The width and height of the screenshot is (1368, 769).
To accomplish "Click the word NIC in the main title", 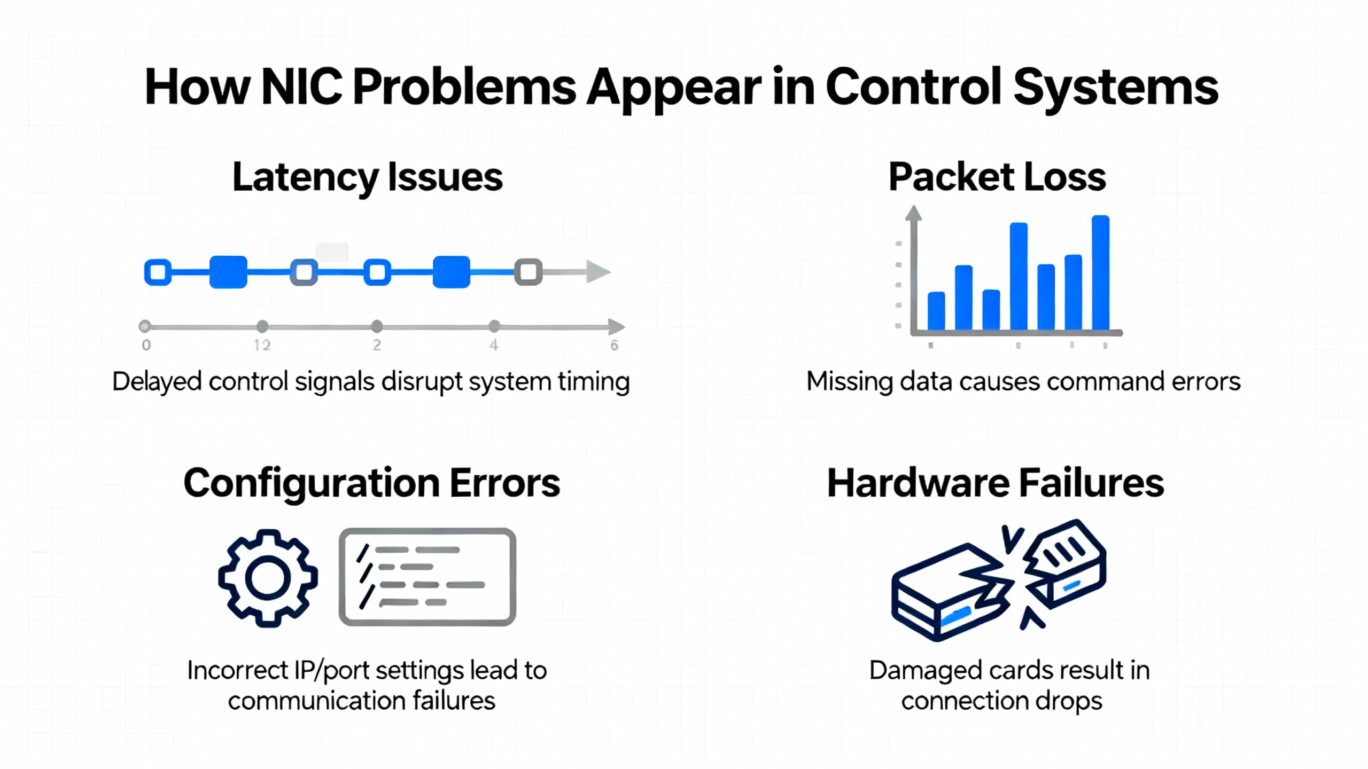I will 301,87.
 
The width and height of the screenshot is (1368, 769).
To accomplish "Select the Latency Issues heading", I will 368,177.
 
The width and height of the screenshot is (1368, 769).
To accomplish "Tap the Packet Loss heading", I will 997,177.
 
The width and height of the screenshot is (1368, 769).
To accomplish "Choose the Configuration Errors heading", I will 372,483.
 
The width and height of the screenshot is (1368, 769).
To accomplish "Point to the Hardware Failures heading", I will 996,483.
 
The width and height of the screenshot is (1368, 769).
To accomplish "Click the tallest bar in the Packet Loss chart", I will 1101,272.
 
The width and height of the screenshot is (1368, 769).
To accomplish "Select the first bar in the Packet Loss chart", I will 936,311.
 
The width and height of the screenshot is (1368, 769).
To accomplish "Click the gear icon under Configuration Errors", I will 268,578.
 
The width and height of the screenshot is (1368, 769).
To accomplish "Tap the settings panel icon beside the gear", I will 428,577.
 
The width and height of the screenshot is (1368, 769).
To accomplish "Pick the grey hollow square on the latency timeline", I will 528,272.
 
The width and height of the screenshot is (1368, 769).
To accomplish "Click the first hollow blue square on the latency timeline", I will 158,272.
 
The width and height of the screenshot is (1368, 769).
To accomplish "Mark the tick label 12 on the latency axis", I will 262,346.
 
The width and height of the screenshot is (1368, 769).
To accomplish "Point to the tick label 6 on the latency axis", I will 615,346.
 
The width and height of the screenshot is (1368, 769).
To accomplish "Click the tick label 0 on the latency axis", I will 146,346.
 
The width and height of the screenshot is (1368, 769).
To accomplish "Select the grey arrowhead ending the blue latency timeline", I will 598,271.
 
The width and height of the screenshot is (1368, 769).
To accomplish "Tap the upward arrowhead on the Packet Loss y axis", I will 913,213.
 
